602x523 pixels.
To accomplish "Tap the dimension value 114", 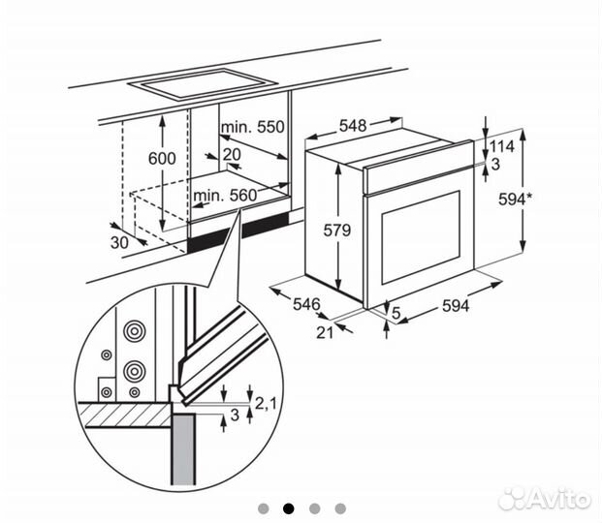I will [x=502, y=146].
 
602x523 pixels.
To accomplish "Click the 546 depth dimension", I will [x=306, y=304].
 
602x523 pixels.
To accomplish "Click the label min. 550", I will [x=251, y=127].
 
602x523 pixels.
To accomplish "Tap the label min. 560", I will [x=224, y=196].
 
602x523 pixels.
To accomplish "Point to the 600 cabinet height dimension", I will [x=161, y=159].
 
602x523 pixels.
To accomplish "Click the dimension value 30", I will [x=118, y=243].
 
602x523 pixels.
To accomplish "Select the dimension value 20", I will [x=231, y=155].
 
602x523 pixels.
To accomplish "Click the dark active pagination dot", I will [x=288, y=508].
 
